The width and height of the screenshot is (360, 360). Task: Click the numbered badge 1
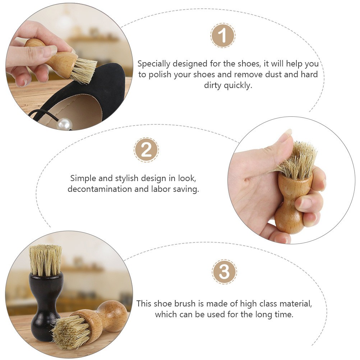coord(223,35)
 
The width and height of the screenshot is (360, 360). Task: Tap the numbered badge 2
coord(146,150)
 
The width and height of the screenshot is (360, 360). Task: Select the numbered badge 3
coord(224,272)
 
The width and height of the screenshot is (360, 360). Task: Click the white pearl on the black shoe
coord(65,124)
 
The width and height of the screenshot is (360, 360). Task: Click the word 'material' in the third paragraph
coord(296,304)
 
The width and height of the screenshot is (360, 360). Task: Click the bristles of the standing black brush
coord(45,260)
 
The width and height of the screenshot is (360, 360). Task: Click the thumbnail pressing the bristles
coord(288,132)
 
